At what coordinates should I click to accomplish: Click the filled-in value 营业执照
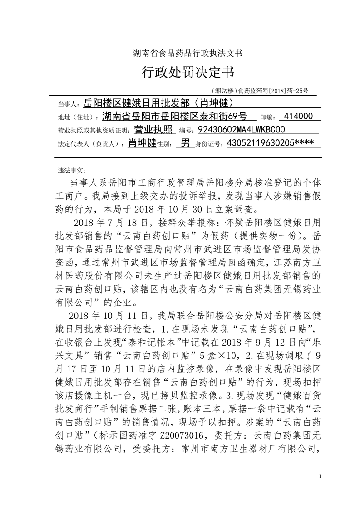coord(155,130)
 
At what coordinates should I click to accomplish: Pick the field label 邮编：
coord(266,117)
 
